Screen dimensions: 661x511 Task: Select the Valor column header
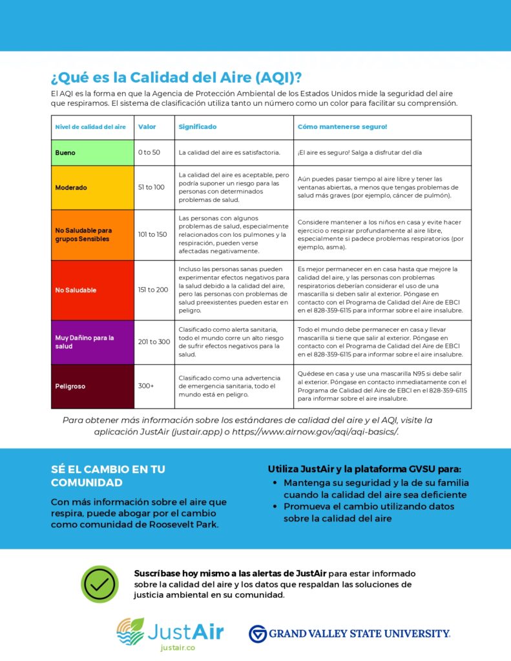pyautogui.click(x=147, y=127)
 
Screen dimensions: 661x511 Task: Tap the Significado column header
pyautogui.click(x=198, y=127)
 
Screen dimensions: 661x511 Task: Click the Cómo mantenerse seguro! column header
pyautogui.click(x=342, y=127)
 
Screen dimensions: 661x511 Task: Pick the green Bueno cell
pyautogui.click(x=92, y=153)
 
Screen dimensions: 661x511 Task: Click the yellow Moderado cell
pyautogui.click(x=92, y=187)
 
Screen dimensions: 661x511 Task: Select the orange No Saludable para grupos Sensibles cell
pyautogui.click(x=92, y=234)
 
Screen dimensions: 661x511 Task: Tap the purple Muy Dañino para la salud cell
pyautogui.click(x=92, y=342)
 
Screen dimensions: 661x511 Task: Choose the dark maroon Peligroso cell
pyautogui.click(x=92, y=386)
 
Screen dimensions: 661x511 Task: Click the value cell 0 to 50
pyautogui.click(x=149, y=153)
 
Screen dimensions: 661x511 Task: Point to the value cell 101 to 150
pyautogui.click(x=152, y=234)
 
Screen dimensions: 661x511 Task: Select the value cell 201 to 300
pyautogui.click(x=154, y=342)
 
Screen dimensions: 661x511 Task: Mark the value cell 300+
pyautogui.click(x=146, y=386)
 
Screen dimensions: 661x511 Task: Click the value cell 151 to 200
pyautogui.click(x=152, y=290)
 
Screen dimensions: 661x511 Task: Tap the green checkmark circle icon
pyautogui.click(x=100, y=584)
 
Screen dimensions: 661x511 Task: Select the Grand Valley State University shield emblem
pyautogui.click(x=258, y=634)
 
